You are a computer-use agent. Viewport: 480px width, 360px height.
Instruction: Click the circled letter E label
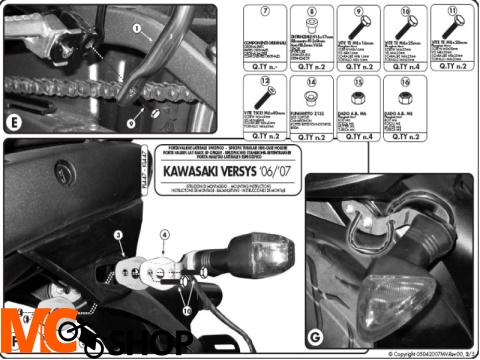(13, 125)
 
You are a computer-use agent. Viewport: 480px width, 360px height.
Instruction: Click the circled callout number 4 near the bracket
(164, 236)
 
